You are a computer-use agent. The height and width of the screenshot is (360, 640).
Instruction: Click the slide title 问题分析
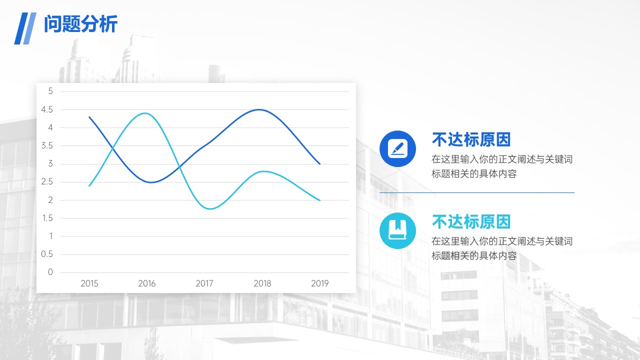click(x=80, y=24)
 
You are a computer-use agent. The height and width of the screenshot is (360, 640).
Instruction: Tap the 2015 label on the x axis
click(x=89, y=283)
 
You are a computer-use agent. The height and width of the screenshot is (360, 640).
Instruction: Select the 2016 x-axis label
click(x=147, y=283)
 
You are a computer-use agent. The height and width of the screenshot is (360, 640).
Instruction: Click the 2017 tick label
click(x=204, y=283)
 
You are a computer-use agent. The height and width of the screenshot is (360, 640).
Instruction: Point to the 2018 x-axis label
click(x=262, y=283)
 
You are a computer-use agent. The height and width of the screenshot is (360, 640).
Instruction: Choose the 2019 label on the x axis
click(x=319, y=283)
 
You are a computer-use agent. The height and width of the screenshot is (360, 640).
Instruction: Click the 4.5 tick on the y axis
click(x=47, y=109)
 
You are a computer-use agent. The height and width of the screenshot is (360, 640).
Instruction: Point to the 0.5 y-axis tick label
click(x=47, y=254)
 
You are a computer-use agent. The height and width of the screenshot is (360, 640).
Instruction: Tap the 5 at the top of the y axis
click(x=50, y=91)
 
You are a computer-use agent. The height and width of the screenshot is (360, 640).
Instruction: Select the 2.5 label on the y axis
click(x=47, y=181)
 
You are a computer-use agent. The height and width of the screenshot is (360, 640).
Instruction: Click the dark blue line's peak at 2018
click(x=259, y=109)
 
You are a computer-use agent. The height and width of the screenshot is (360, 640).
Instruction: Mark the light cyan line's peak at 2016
click(x=145, y=113)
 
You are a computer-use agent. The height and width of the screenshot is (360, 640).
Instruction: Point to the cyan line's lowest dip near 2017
click(x=210, y=209)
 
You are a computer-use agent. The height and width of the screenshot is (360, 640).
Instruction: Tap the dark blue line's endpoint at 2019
click(x=319, y=164)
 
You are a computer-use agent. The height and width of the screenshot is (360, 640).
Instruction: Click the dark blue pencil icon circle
click(x=397, y=149)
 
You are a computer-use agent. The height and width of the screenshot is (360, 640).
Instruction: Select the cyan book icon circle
click(x=397, y=230)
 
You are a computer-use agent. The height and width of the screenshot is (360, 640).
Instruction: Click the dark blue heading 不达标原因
click(x=471, y=139)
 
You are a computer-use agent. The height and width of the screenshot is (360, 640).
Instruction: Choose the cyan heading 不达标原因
click(x=471, y=221)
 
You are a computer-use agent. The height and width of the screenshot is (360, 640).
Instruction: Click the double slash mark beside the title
click(x=25, y=28)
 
